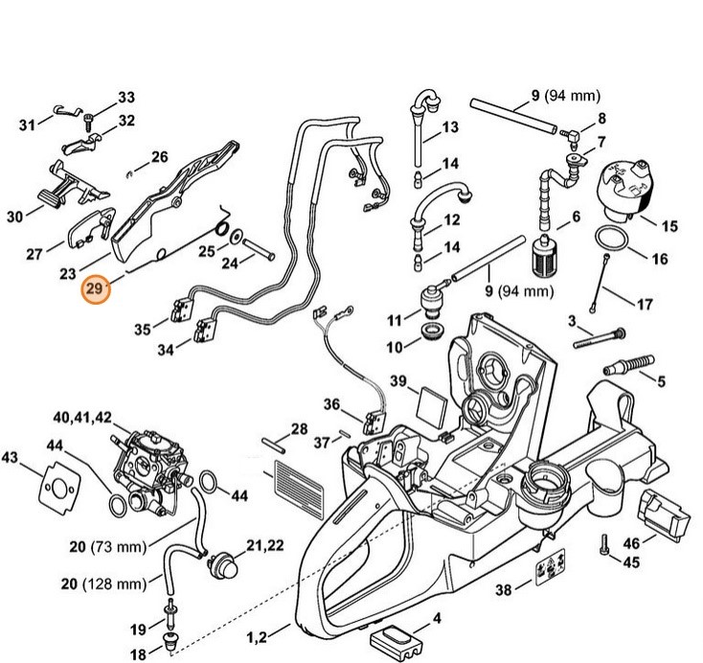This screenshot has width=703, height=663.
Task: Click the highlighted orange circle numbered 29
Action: coord(95,288)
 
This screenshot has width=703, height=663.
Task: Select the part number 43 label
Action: coord(11,457)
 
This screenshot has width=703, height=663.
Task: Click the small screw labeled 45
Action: coord(603,547)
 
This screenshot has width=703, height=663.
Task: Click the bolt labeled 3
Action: coord(600,335)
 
